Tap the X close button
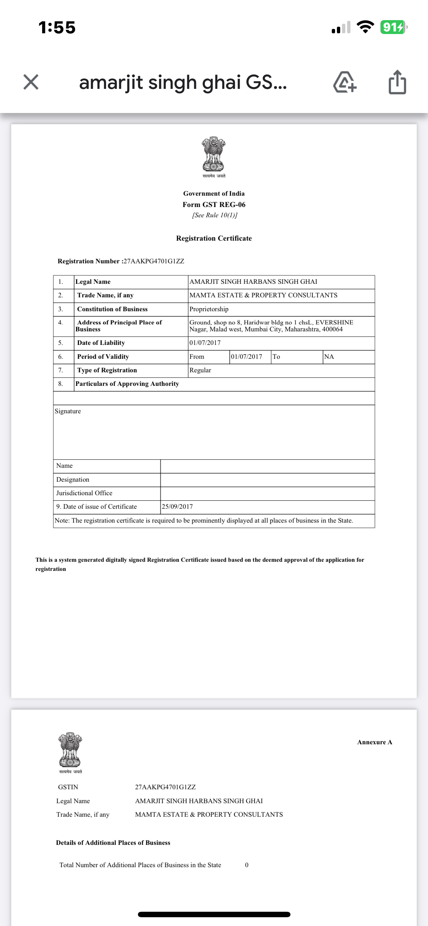[31, 82]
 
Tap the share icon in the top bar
[397, 82]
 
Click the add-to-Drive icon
[345, 82]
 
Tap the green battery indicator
[393, 27]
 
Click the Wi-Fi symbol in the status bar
[365, 27]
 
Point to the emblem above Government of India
[214, 155]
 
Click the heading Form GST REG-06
[214, 205]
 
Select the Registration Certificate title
[214, 238]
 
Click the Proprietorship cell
[209, 309]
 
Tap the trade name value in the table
[263, 296]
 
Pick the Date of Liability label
[101, 343]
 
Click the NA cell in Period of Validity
[329, 357]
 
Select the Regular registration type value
[200, 370]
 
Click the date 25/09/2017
[177, 507]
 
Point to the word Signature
[68, 411]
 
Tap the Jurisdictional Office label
[84, 493]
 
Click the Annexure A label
[375, 742]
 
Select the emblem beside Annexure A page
[70, 750]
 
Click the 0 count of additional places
[247, 865]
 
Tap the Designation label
[73, 480]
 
